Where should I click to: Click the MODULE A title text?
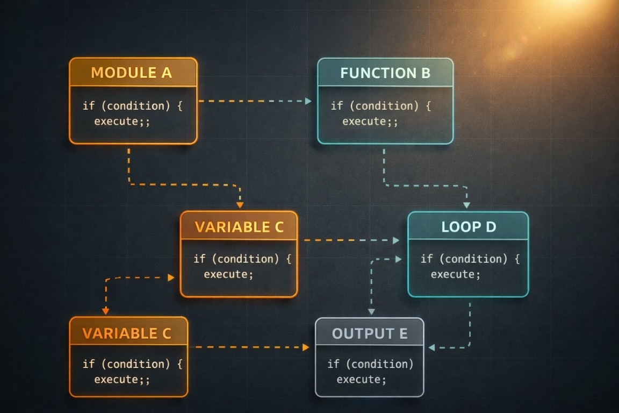pyautogui.click(x=132, y=73)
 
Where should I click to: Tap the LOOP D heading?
pyautogui.click(x=468, y=226)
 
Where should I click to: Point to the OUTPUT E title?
pyautogui.click(x=369, y=333)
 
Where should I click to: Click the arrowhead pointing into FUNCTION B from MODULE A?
pyautogui.click(x=308, y=101)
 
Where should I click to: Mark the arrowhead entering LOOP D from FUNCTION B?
pyautogui.click(x=466, y=205)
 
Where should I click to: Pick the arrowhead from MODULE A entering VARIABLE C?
pyautogui.click(x=240, y=205)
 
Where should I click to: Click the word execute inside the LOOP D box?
pyautogui.click(x=452, y=274)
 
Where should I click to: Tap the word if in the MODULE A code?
pyautogui.click(x=88, y=105)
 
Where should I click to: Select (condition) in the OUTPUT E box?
pyautogui.click(x=379, y=364)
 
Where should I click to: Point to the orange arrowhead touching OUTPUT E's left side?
pyautogui.click(x=306, y=347)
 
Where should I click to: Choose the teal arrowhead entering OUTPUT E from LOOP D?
pyautogui.click(x=431, y=347)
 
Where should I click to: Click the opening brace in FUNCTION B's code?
pyautogui.click(x=428, y=105)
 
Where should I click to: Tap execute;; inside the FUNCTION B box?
pyautogui.click(x=370, y=121)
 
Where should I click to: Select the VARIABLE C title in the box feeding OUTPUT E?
pyautogui.click(x=127, y=333)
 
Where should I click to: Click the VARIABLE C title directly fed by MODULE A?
pyautogui.click(x=239, y=226)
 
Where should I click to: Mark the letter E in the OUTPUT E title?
pyautogui.click(x=402, y=333)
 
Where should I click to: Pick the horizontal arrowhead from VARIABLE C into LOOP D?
pyautogui.click(x=397, y=240)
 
